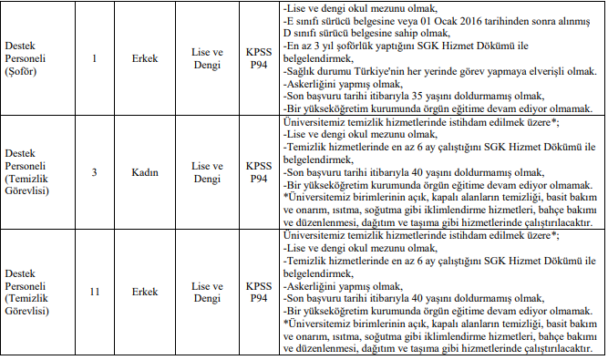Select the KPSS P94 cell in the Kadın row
(x=259, y=172)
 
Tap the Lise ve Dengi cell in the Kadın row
(x=208, y=172)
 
